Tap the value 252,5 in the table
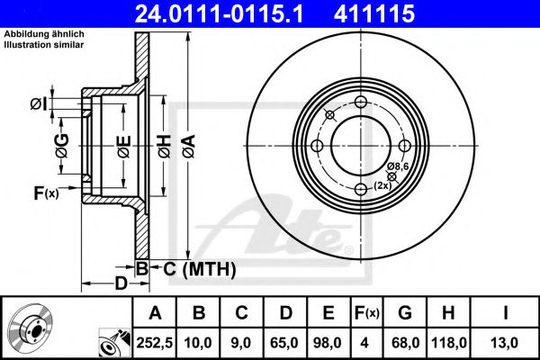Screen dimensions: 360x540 [x=155, y=341]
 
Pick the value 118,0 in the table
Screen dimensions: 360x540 [x=447, y=341]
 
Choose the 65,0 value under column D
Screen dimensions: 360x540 [x=285, y=341]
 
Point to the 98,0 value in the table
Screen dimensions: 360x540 [x=328, y=341]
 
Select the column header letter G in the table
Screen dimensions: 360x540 [x=405, y=313]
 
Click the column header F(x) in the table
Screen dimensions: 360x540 [x=367, y=313]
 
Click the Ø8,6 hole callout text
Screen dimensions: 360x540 [x=400, y=166]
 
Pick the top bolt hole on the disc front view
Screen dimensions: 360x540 [x=361, y=102]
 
